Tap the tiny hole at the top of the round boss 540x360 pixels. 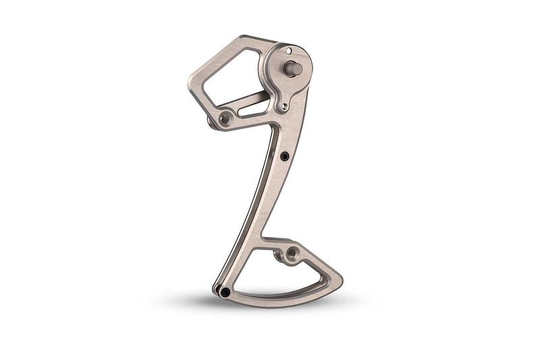coord(289,51)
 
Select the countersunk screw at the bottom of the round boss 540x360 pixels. coord(285,106)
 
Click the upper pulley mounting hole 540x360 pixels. coord(225,118)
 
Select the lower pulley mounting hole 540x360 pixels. coord(292,253)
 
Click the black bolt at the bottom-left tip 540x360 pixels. coord(225,292)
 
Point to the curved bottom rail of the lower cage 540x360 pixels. coord(283,301)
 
